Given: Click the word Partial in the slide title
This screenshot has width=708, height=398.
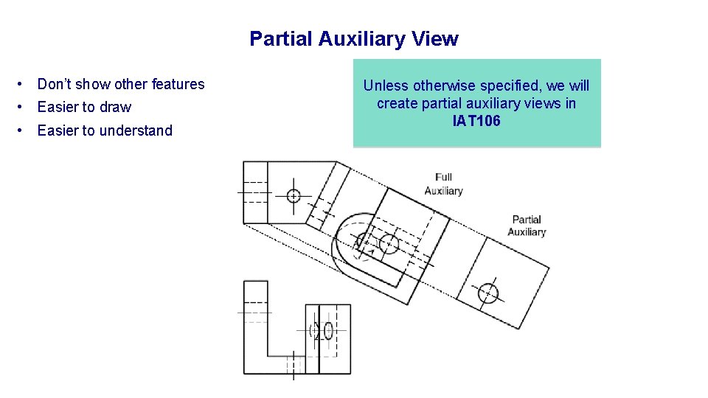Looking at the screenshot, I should [281, 39].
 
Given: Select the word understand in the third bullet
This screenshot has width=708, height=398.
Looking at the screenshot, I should [137, 131].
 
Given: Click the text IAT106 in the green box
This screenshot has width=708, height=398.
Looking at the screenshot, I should [476, 121].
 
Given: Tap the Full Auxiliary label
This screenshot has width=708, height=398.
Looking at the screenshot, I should [443, 184].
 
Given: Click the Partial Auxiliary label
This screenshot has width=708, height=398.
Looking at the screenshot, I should [527, 226].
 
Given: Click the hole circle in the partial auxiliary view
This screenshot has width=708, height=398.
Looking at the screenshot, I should [487, 293].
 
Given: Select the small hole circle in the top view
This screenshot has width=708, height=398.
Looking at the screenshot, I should [294, 196].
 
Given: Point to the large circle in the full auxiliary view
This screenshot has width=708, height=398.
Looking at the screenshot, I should [389, 244].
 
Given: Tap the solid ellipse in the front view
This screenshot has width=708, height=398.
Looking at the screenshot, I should [329, 330].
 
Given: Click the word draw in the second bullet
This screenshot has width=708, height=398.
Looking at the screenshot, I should [116, 108].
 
